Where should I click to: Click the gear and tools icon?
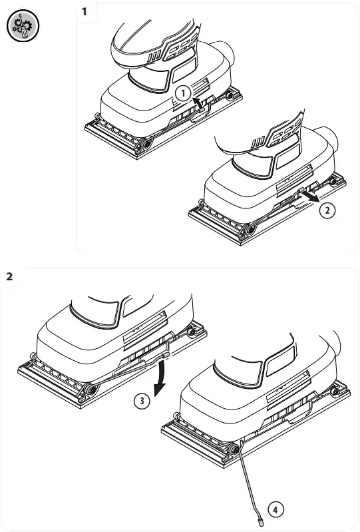(23, 27)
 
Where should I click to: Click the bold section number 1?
(84, 12)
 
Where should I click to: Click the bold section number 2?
(9, 276)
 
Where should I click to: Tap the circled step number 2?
(326, 210)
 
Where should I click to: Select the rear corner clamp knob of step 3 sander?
(192, 331)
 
